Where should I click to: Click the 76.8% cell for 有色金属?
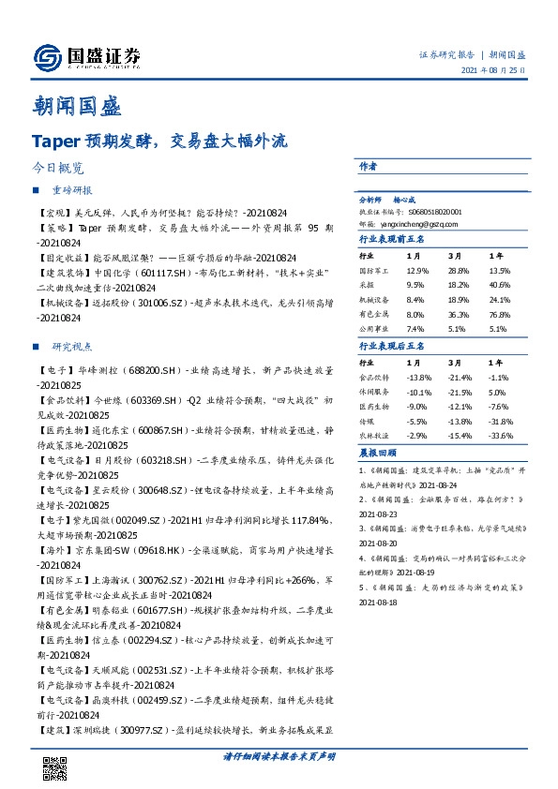coord(499,315)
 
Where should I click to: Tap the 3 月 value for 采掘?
coord(459,285)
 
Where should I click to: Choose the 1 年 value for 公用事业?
coord(498,330)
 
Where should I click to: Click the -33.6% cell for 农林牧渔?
coord(500,437)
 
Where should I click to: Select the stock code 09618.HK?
coord(137,553)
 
